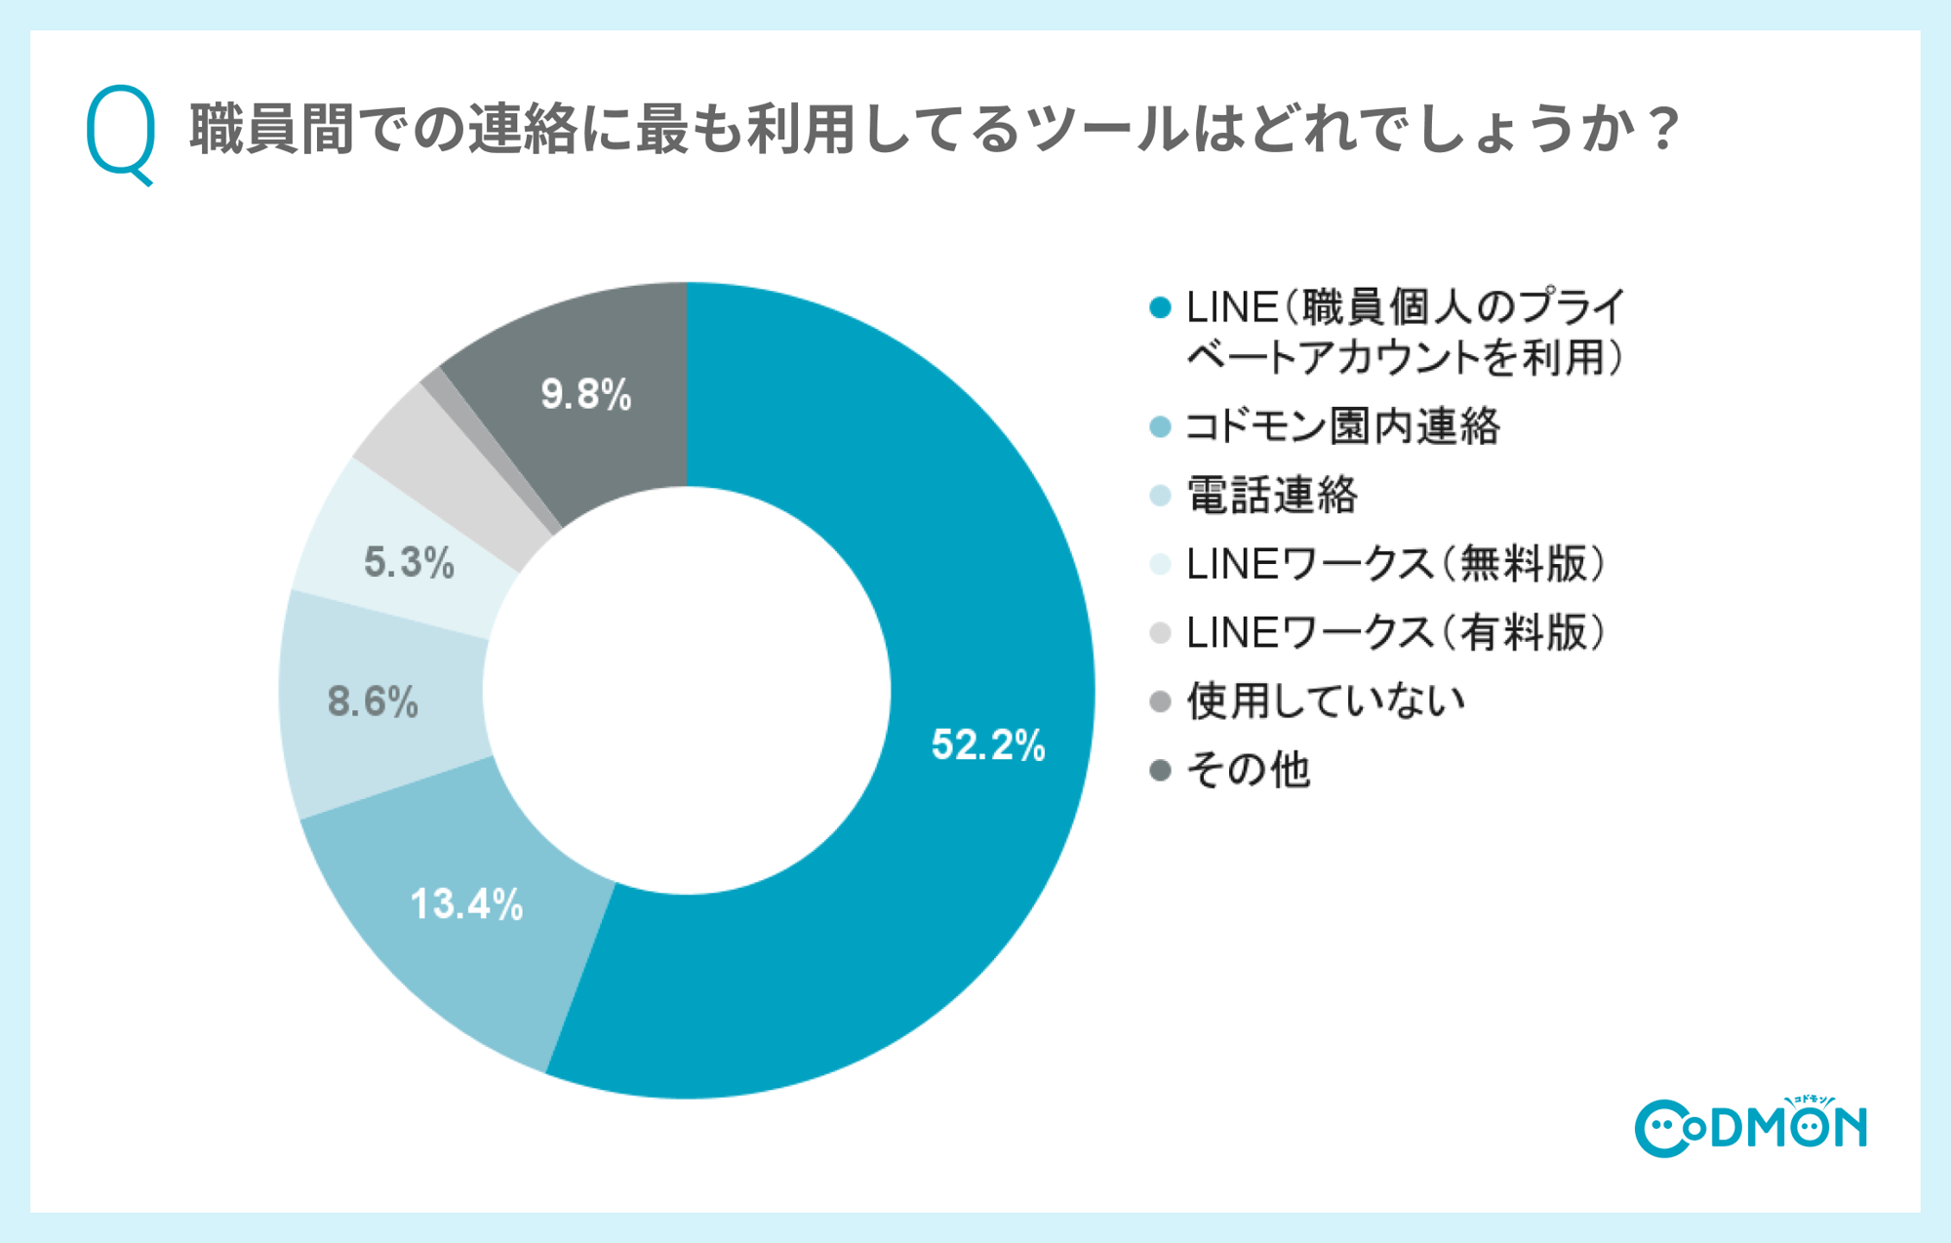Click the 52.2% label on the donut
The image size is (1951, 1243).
click(987, 745)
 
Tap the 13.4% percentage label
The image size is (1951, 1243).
click(466, 904)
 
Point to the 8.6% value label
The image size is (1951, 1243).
click(373, 702)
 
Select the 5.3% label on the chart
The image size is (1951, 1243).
click(409, 563)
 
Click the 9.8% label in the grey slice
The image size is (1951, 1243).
click(585, 395)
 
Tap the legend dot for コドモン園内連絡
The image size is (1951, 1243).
click(1160, 427)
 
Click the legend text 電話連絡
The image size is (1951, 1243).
click(1272, 496)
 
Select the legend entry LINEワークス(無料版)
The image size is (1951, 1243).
click(1395, 565)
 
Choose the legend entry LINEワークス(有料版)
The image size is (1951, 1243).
click(1395, 633)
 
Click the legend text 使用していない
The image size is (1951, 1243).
click(1326, 702)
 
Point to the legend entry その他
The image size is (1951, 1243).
click(1248, 771)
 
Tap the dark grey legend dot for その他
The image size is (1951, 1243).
click(1160, 771)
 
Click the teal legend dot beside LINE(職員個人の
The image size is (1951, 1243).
click(1160, 308)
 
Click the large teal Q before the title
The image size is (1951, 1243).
click(121, 133)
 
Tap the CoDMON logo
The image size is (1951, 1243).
click(1750, 1128)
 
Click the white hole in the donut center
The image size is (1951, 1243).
click(687, 691)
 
